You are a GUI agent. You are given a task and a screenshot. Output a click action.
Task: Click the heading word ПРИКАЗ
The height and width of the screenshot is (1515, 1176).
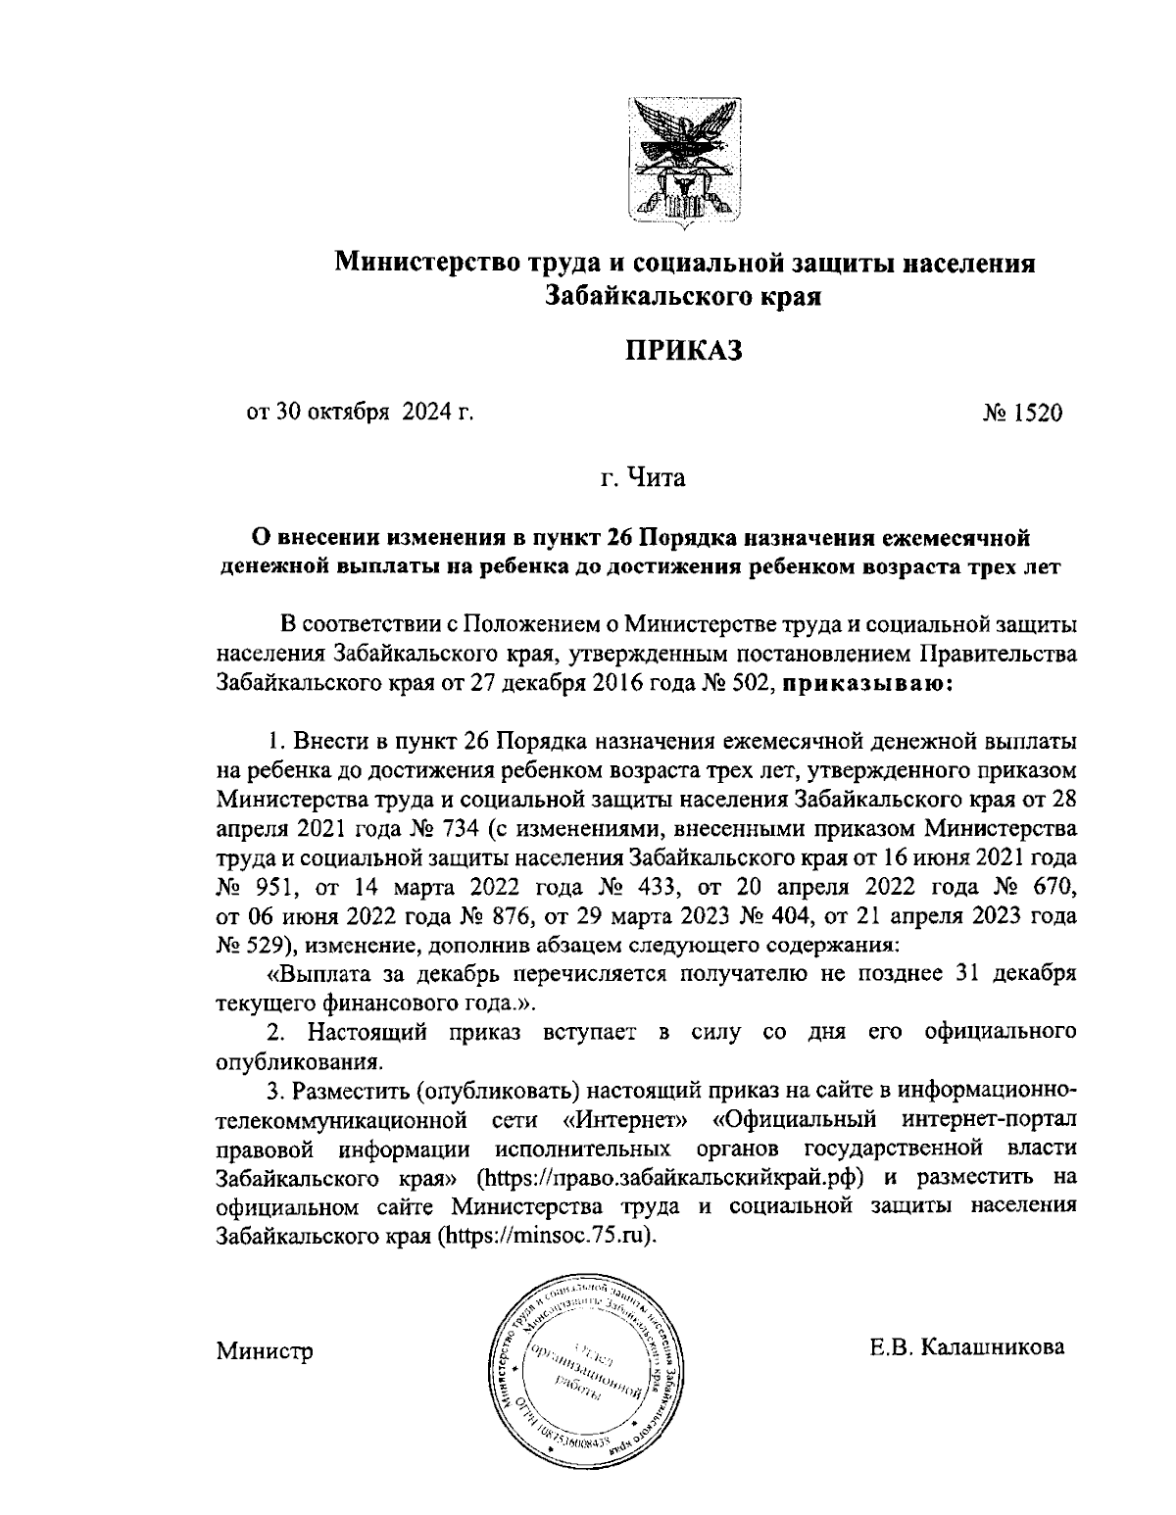pyautogui.click(x=685, y=349)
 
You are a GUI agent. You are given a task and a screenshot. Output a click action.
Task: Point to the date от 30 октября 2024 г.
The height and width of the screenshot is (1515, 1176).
pyautogui.click(x=360, y=414)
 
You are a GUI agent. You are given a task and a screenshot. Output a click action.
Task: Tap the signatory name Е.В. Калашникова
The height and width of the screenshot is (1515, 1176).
pyautogui.click(x=966, y=1347)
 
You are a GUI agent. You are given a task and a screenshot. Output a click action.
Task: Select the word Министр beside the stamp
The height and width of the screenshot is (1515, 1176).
pyautogui.click(x=265, y=1352)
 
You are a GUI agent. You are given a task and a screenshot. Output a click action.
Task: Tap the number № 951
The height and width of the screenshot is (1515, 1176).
pyautogui.click(x=249, y=889)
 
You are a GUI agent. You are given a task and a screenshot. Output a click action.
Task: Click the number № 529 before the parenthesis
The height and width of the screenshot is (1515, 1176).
pyautogui.click(x=249, y=947)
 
